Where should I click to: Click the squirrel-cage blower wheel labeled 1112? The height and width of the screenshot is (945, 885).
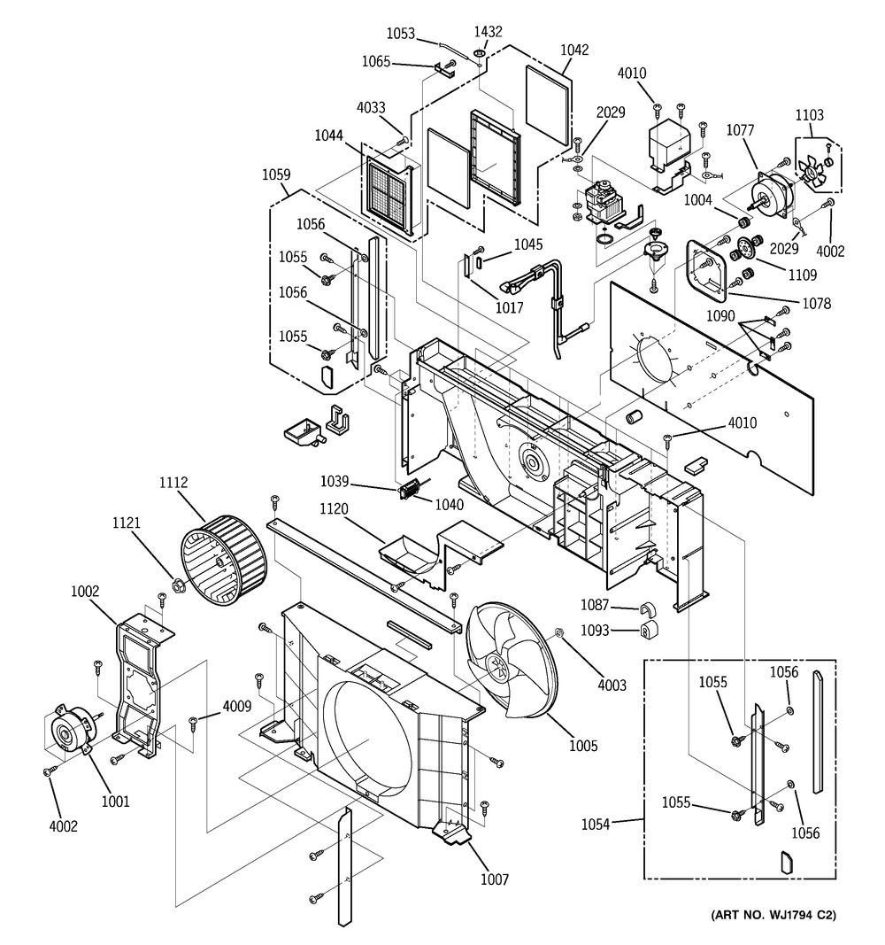(223, 560)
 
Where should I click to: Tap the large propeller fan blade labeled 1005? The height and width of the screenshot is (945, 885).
(512, 660)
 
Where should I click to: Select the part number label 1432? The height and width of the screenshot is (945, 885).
(488, 31)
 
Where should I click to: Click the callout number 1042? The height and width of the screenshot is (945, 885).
(574, 50)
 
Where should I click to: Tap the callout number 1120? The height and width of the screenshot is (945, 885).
(334, 509)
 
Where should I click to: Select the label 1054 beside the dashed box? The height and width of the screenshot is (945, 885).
(596, 824)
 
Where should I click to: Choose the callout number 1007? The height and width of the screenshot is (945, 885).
(495, 879)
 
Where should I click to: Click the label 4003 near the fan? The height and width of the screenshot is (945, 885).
(612, 686)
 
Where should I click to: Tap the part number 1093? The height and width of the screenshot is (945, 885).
(595, 630)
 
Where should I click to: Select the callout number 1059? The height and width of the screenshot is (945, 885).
(276, 174)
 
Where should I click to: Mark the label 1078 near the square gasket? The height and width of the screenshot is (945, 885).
(816, 303)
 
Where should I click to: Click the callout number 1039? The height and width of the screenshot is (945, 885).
(335, 481)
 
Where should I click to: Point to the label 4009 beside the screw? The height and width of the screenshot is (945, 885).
(236, 706)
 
